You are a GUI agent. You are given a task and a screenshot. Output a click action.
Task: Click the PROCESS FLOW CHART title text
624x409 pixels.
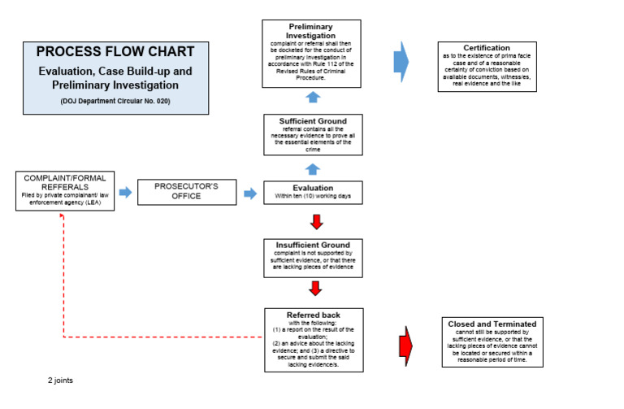pyautogui.click(x=115, y=52)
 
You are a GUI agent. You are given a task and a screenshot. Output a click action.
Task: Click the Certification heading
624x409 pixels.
pyautogui.click(x=486, y=48)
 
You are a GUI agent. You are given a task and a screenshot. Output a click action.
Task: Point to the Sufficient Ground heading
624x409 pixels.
pyautogui.click(x=314, y=121)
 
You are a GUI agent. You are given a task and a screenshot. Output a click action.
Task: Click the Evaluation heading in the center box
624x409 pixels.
pyautogui.click(x=314, y=188)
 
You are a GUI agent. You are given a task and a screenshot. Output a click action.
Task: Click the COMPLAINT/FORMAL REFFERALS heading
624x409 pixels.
pyautogui.click(x=65, y=181)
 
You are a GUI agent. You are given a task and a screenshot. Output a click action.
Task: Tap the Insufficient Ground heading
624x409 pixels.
pyautogui.click(x=314, y=245)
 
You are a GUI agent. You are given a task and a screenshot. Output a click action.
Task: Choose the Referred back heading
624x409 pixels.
pyautogui.click(x=314, y=315)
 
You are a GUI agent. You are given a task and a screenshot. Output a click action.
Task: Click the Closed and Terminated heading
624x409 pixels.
pyautogui.click(x=492, y=324)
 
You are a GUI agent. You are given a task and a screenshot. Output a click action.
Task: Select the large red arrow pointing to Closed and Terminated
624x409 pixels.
pyautogui.click(x=406, y=345)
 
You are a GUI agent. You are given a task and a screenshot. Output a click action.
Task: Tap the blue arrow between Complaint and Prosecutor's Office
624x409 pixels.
pyautogui.click(x=125, y=192)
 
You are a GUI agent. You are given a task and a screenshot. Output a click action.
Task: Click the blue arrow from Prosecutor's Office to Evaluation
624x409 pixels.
pyautogui.click(x=251, y=192)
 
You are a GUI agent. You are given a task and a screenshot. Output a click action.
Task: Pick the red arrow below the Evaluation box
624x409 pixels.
pyautogui.click(x=316, y=221)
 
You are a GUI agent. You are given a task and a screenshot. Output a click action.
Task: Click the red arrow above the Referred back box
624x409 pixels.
pyautogui.click(x=316, y=288)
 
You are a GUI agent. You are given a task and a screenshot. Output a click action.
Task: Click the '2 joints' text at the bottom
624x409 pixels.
pyautogui.click(x=60, y=379)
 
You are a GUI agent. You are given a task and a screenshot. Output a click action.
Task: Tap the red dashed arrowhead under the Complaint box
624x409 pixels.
pyautogui.click(x=63, y=216)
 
